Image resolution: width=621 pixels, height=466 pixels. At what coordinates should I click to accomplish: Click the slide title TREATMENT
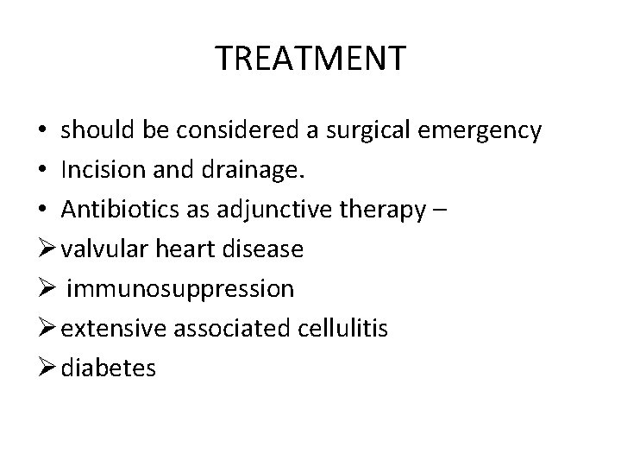point(310,59)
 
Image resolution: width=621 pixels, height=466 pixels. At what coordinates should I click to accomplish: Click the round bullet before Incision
point(41,172)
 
